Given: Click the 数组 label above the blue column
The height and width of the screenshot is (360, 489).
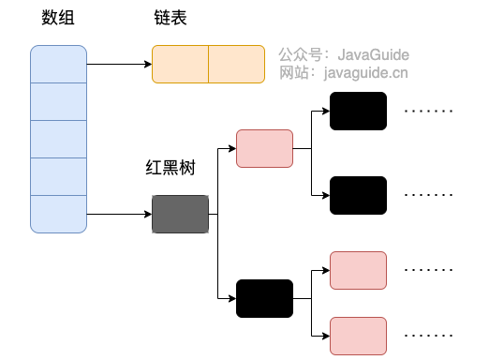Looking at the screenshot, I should click(58, 21).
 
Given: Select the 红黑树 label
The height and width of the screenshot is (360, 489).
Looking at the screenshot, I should click(166, 170).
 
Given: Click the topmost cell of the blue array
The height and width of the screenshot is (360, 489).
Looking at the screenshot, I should click(58, 64).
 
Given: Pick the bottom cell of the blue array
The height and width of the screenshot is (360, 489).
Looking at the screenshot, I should click(58, 214).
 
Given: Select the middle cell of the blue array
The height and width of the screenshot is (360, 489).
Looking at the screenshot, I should click(58, 139).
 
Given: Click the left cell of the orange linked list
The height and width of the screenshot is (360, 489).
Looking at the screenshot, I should click(180, 65).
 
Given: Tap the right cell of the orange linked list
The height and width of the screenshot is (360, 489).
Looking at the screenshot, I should click(236, 65).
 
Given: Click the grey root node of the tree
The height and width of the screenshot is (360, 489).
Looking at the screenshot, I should click(180, 215).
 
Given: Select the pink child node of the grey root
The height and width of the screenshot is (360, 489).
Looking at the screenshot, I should click(264, 148).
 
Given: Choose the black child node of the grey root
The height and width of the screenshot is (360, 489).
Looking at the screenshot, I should click(264, 298).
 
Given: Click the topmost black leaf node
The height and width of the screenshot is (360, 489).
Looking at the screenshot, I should click(358, 111).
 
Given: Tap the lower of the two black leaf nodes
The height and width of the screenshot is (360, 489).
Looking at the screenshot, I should click(358, 195).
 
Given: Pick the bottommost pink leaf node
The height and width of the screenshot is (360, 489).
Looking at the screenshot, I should click(358, 336).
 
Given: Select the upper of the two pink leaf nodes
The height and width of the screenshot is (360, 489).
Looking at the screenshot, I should click(358, 270).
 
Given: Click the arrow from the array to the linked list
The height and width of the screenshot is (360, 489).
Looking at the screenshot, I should click(119, 65).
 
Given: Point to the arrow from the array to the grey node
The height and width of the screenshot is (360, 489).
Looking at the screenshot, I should click(119, 215).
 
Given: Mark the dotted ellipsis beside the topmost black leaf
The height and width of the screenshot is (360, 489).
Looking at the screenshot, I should click(428, 111).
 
